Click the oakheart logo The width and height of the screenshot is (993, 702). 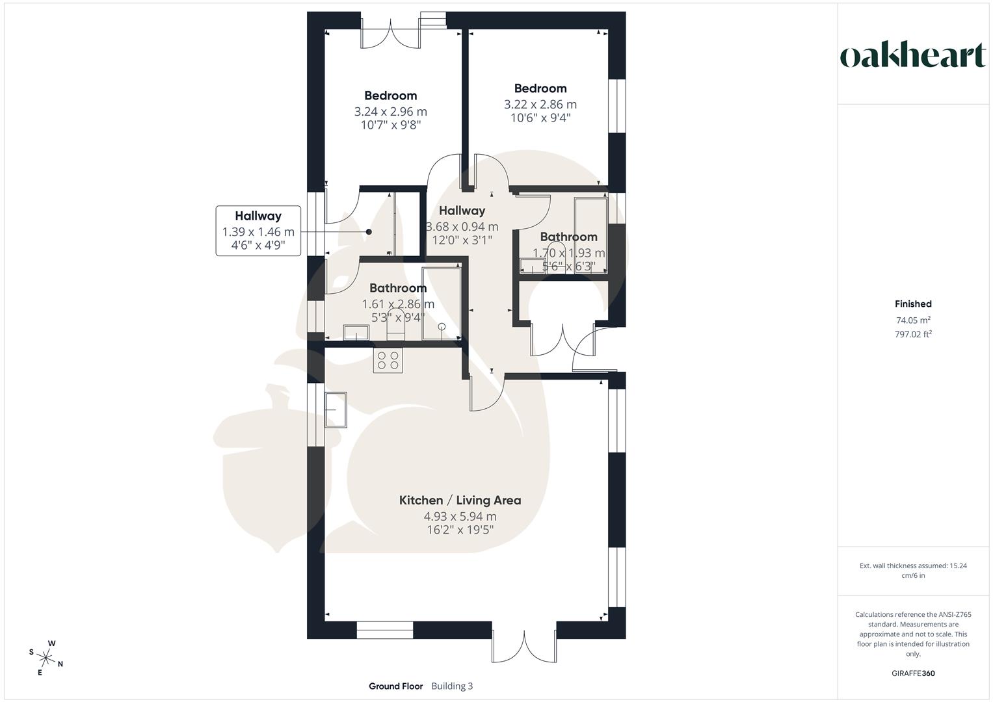coord(912,57)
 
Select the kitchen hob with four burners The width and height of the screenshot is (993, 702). coord(388,359)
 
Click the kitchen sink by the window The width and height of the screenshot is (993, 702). coord(337,410)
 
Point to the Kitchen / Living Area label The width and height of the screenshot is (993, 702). coord(460,500)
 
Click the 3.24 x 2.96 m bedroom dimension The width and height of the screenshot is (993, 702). coord(390,111)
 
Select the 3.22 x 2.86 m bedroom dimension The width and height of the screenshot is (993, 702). coord(540,104)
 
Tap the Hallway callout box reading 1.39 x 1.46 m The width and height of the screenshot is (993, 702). coord(258,231)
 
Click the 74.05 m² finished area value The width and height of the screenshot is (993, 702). coord(912,320)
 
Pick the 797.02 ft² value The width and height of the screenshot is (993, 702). coord(912,334)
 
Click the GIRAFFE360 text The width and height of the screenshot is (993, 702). coord(912,673)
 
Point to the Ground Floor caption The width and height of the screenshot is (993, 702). coord(395,686)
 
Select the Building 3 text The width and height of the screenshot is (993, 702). coord(452,686)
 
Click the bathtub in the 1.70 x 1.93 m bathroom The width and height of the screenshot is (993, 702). coord(590,235)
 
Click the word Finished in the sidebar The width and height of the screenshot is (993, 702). coord(912,304)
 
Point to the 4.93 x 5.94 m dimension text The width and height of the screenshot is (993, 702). coord(460,517)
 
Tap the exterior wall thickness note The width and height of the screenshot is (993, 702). coord(912,570)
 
